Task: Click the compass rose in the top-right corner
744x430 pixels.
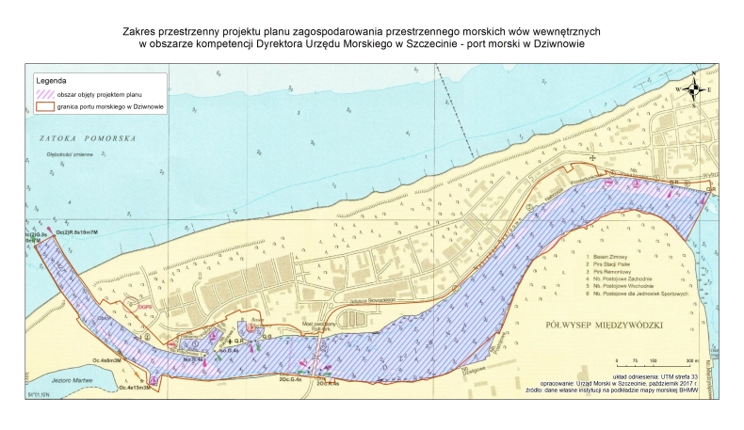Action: (x=694, y=89)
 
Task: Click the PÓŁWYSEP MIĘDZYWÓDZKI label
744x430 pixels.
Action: (x=605, y=325)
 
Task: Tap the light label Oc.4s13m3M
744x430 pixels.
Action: (x=134, y=388)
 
